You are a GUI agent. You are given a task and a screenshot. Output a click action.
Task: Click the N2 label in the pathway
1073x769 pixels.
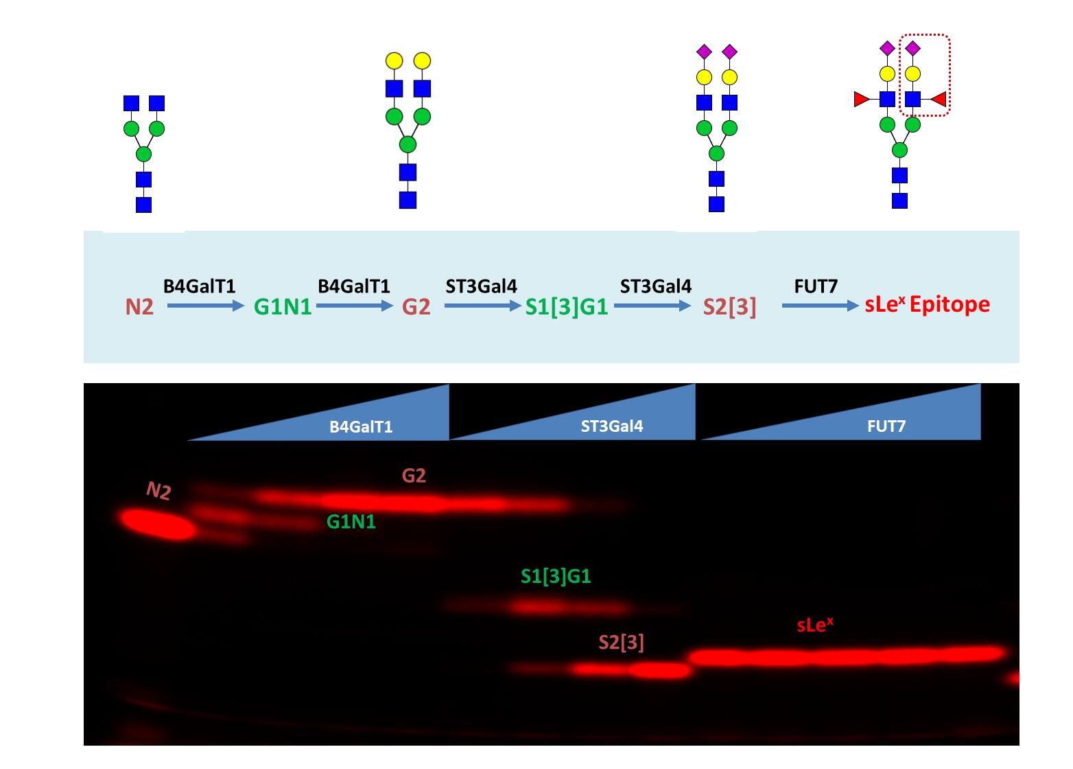pyautogui.click(x=139, y=306)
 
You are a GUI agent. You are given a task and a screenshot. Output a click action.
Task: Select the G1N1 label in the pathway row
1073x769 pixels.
pyautogui.click(x=283, y=306)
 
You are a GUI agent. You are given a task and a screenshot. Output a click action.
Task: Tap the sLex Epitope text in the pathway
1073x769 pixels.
pyautogui.click(x=927, y=304)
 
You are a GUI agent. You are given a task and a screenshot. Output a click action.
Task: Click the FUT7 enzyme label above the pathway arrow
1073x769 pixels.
pyautogui.click(x=816, y=286)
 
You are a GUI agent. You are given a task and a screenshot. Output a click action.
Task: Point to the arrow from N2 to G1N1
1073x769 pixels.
pyautogui.click(x=205, y=306)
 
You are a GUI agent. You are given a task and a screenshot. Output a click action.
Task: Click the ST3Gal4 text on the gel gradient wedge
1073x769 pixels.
pyautogui.click(x=612, y=426)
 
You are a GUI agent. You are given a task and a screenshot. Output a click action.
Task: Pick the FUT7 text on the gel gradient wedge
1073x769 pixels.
pyautogui.click(x=886, y=426)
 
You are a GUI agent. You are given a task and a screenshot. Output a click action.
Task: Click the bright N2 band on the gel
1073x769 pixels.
pyautogui.click(x=158, y=524)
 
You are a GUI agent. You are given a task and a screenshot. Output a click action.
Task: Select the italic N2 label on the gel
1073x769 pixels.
pyautogui.click(x=158, y=490)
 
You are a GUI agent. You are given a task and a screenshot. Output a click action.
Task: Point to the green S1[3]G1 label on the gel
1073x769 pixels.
pyautogui.click(x=556, y=576)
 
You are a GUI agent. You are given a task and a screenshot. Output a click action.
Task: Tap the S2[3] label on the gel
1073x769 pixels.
pyautogui.click(x=621, y=643)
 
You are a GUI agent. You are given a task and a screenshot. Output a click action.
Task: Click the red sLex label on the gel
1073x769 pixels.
pyautogui.click(x=815, y=625)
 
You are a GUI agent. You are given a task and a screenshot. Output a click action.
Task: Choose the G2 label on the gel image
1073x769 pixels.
pyautogui.click(x=414, y=475)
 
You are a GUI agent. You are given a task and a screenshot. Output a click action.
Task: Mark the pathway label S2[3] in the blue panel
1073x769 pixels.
pyautogui.click(x=729, y=307)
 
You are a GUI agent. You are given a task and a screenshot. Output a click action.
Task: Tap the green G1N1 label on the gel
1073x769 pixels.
pyautogui.click(x=351, y=523)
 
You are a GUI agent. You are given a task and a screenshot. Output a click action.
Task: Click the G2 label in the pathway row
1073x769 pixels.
pyautogui.click(x=416, y=306)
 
